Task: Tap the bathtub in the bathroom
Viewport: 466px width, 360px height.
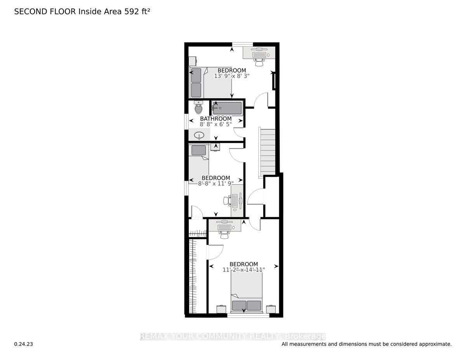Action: click(x=227, y=108)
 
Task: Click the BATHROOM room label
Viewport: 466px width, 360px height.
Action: click(x=216, y=119)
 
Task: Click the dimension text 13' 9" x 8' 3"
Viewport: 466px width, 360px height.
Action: click(x=231, y=76)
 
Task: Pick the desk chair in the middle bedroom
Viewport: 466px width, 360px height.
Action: click(x=227, y=201)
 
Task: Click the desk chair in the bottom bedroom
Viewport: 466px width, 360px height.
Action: click(x=223, y=234)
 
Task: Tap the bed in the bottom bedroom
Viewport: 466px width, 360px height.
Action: click(x=247, y=291)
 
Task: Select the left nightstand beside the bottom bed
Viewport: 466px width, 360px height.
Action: click(x=221, y=309)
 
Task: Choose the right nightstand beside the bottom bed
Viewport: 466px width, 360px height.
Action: click(x=271, y=309)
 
